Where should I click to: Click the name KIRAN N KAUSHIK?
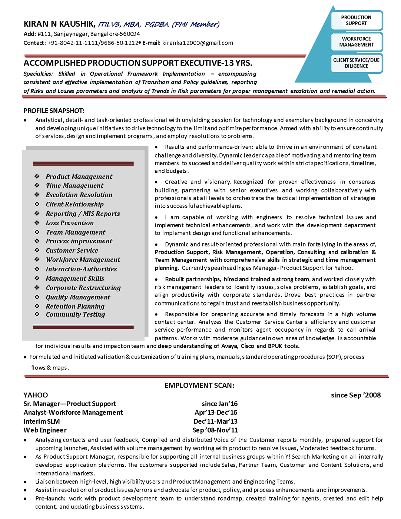[x=59, y=24]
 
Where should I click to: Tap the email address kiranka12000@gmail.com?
[x=198, y=43]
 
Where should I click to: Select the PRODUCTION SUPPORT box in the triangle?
[x=356, y=20]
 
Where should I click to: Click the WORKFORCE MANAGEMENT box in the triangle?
[x=356, y=42]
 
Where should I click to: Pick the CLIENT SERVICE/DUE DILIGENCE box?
[x=356, y=63]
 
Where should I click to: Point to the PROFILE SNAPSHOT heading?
[x=54, y=111]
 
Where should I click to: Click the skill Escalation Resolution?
[x=79, y=195]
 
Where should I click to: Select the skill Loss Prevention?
[x=70, y=223]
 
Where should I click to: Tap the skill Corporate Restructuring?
[x=83, y=288]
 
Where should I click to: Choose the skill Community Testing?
[x=75, y=314]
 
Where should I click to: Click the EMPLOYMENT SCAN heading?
[x=199, y=386]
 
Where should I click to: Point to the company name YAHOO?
[x=36, y=395]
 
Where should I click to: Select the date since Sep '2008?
[x=356, y=395]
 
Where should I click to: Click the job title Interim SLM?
[x=42, y=422]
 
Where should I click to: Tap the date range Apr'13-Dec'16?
[x=216, y=413]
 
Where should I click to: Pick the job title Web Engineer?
[x=45, y=430]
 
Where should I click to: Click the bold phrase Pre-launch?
[x=50, y=499]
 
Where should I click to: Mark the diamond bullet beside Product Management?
[x=37, y=176]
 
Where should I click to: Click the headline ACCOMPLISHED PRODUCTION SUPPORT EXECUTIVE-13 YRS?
[x=138, y=63]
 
